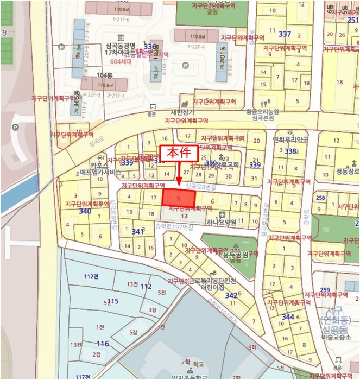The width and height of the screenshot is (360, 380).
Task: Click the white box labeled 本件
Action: pyautogui.click(x=178, y=154)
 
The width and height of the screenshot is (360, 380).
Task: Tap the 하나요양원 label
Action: pyautogui.click(x=220, y=222)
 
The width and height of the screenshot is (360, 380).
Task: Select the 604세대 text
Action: pyautogui.click(x=121, y=61)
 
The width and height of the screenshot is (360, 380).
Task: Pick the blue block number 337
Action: pyautogui.click(x=285, y=34)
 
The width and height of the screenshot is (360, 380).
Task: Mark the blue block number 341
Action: pyautogui.click(x=138, y=232)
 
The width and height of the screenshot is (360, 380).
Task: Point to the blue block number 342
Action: pyautogui.click(x=231, y=295)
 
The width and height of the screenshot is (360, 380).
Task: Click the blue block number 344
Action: pyautogui.click(x=288, y=316)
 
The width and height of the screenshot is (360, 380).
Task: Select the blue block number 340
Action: pyautogui.click(x=85, y=211)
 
